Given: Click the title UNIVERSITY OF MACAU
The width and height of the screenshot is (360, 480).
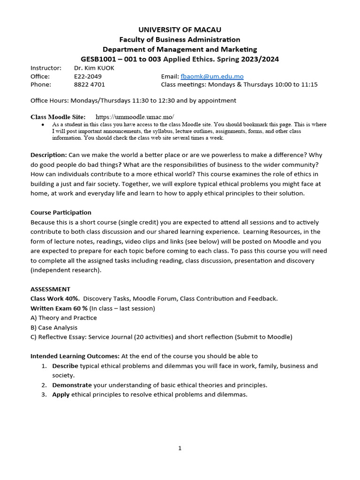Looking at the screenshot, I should (180, 30).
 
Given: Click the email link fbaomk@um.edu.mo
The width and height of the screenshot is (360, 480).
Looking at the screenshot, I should (212, 76).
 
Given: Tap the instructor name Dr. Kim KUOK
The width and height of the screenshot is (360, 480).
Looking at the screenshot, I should (94, 68).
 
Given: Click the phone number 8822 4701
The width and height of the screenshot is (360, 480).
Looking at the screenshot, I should (90, 85).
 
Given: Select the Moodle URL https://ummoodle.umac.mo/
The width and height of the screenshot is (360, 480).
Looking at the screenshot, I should (135, 117).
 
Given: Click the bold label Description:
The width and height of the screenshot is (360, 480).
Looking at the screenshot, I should (49, 155).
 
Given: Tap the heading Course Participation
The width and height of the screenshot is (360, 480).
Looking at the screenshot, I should (61, 213).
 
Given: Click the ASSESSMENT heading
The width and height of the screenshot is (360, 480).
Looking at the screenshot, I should (50, 289).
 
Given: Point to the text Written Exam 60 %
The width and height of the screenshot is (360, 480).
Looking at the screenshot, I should (59, 308).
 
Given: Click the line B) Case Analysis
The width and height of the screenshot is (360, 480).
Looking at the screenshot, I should (54, 328).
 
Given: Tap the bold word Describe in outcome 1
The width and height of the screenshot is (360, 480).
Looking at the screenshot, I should (65, 366).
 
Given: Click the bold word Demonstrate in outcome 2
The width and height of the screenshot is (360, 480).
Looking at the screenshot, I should (72, 385).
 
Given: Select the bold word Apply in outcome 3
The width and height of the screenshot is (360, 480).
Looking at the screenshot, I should (60, 395).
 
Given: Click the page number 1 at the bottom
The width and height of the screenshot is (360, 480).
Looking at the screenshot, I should (180, 449).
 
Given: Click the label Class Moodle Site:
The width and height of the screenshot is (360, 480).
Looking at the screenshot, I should (58, 117).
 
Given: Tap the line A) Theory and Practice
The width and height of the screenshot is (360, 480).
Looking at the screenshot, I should (64, 318).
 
